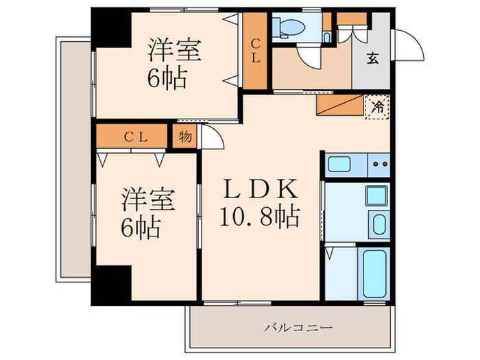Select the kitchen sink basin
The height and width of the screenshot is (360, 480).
[340, 165]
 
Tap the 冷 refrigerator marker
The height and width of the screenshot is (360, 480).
[377, 107]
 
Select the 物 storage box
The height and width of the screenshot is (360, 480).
[185, 135]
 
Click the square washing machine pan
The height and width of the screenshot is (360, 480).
[376, 195]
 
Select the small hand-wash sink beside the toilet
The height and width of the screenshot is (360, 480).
[327, 35]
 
